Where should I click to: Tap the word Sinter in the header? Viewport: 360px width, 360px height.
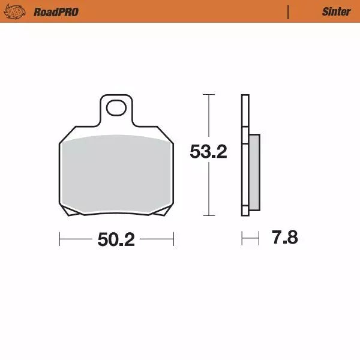pos(336,12)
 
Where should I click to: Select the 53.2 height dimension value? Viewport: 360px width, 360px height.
pos(208,152)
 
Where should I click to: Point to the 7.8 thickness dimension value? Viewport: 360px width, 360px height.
pos(284,238)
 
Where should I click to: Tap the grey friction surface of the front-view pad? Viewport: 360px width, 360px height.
pos(116,174)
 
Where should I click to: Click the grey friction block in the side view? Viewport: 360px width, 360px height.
pos(254,173)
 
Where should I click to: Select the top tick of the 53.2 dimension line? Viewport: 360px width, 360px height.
pos(208,95)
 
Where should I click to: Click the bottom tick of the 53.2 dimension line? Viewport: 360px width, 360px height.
pos(208,215)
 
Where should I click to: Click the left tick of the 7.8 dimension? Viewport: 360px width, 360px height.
pos(242,239)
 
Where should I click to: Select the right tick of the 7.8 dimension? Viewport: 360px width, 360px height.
pos(259,239)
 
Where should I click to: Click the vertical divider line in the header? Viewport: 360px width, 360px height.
pos(289,12)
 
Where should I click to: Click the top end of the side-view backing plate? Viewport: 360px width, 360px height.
pos(245,97)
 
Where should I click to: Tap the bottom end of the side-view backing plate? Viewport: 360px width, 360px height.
pos(245,212)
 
